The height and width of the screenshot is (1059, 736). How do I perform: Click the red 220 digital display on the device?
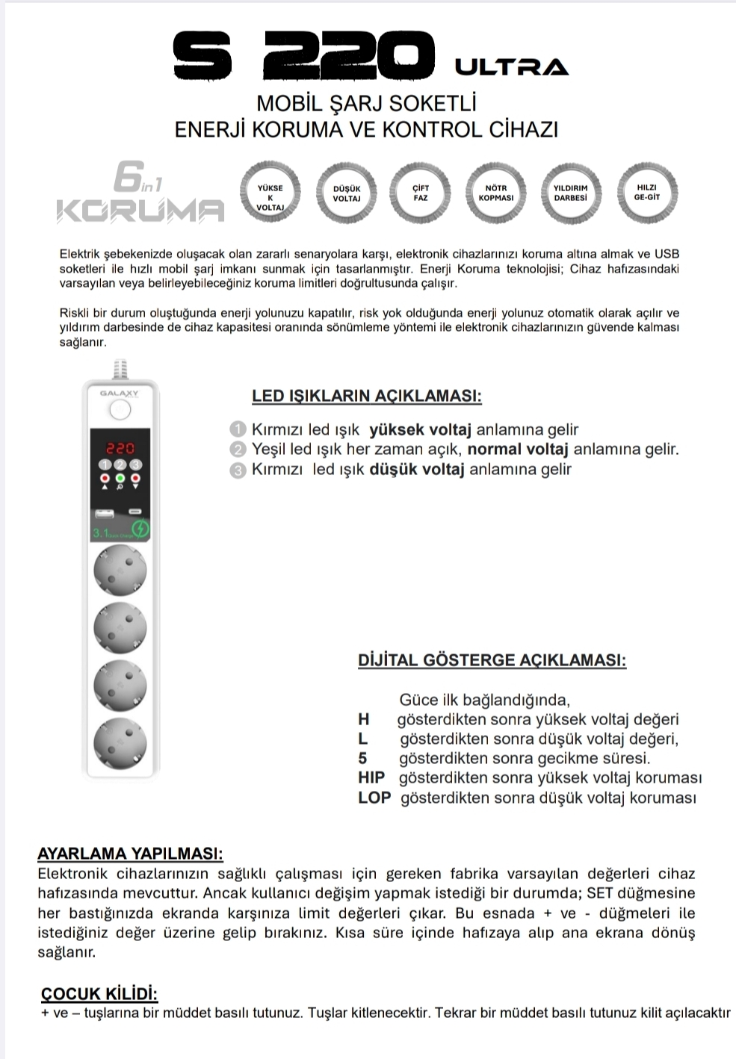coord(120,448)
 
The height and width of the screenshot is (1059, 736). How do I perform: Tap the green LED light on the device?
coord(120,478)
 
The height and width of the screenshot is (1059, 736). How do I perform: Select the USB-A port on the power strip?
coord(103,513)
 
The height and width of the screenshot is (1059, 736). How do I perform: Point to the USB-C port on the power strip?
coord(136,512)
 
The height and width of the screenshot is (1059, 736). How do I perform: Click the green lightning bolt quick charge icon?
coord(140,529)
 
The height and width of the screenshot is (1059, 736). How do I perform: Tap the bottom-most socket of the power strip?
coord(120,744)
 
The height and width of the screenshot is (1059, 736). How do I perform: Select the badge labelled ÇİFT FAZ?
coord(420,193)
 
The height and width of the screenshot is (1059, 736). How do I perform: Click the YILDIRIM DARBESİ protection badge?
coord(570,193)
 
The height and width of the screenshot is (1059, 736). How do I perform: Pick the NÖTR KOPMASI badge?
coord(495,193)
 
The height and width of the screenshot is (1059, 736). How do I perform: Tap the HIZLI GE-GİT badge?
coord(646,193)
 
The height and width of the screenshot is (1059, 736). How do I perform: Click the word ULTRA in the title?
coord(512,67)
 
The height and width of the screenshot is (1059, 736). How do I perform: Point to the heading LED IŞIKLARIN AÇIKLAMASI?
coord(366,396)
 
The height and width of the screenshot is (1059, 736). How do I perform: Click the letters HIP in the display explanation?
coord(371,777)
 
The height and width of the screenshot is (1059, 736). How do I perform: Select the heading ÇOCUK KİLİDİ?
coord(99,993)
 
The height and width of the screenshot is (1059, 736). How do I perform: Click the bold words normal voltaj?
coord(518,450)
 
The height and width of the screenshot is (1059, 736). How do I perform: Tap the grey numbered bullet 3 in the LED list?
coord(238,471)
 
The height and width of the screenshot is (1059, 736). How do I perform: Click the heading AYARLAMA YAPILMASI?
coord(130,854)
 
